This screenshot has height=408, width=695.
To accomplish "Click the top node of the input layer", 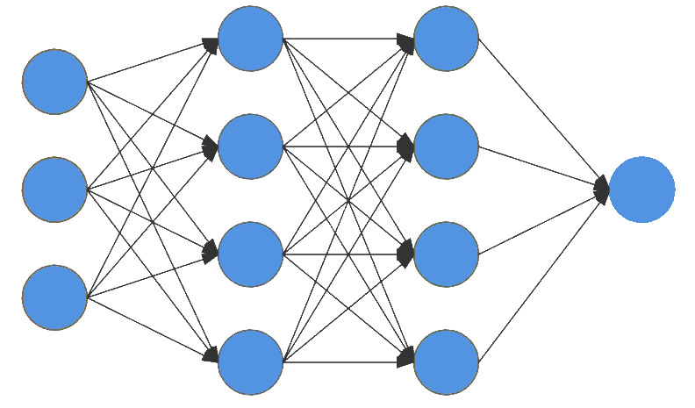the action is [54, 82].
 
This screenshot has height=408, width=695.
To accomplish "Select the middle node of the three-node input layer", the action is [54, 190].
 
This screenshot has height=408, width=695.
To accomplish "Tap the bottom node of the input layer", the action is [54, 297].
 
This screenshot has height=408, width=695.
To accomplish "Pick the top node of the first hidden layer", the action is [250, 39].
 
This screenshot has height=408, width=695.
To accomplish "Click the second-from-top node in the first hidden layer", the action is [250, 147].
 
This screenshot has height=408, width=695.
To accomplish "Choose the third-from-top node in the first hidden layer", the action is [250, 254].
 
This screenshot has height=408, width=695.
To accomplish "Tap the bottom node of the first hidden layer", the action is [250, 362].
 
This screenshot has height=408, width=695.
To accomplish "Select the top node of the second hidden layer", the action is [446, 39].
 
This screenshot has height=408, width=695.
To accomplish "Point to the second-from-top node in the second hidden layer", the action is [446, 147].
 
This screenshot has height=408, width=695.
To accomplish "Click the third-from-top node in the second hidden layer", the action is [446, 254].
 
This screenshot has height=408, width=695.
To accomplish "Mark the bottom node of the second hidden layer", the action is [446, 362].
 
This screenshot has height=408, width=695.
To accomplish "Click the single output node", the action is [641, 190].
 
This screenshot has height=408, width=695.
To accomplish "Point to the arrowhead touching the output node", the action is [602, 189].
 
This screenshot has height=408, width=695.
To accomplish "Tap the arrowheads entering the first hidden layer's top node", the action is [211, 45].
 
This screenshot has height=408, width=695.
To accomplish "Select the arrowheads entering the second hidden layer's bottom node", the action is [406, 355].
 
